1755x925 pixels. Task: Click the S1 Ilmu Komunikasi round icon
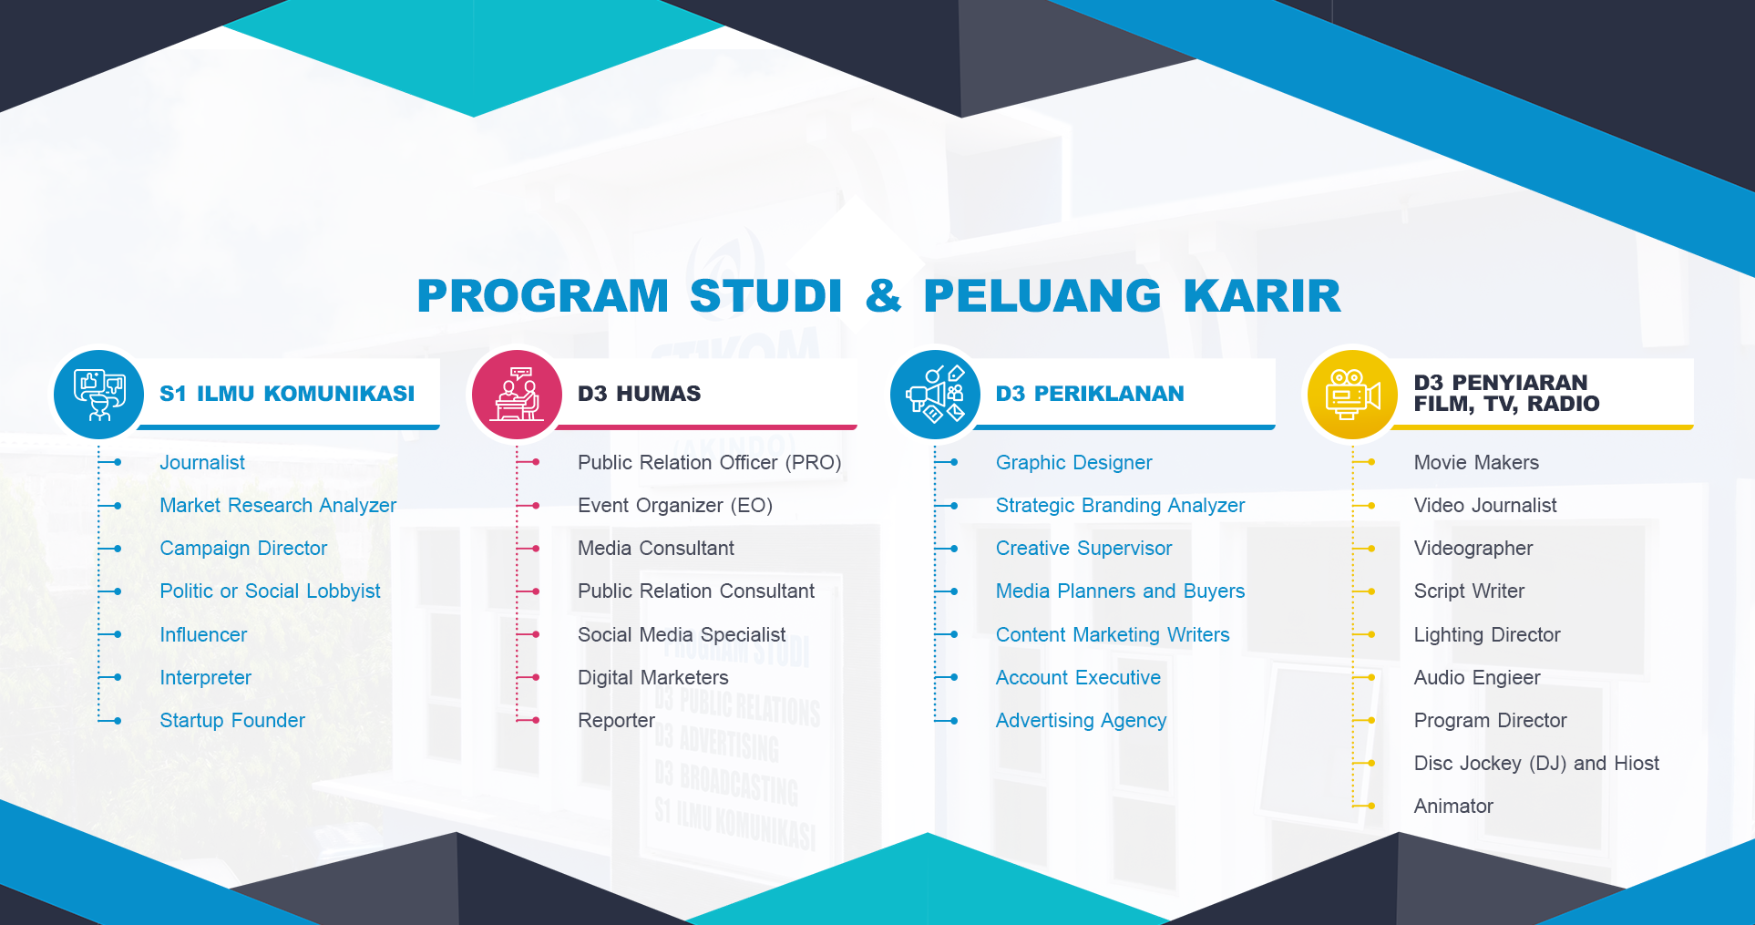(98, 395)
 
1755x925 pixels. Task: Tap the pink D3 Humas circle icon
(517, 395)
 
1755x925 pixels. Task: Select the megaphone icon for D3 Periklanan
(935, 395)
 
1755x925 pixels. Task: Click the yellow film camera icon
(1352, 395)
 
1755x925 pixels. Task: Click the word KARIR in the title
(1262, 296)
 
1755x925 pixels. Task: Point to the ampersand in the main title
(883, 296)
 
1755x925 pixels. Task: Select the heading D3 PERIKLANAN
(1090, 394)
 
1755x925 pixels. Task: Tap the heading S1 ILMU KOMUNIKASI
(287, 394)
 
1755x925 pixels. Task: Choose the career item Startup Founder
(232, 720)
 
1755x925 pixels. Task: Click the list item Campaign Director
(243, 549)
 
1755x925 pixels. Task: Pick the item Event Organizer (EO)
(675, 506)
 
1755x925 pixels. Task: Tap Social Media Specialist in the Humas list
(682, 634)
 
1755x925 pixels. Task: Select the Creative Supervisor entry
(1083, 549)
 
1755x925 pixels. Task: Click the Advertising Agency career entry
(1081, 721)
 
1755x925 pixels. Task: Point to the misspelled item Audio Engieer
(1477, 678)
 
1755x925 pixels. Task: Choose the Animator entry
(1453, 807)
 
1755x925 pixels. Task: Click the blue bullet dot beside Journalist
(118, 463)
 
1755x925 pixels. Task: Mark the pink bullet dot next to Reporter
(536, 721)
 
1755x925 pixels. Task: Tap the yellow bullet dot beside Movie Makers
(1371, 463)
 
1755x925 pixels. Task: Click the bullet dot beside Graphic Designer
(954, 463)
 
